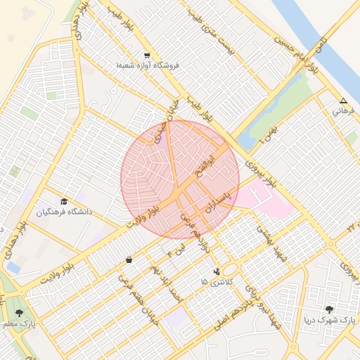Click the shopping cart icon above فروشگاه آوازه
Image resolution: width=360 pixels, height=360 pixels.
(x=146, y=55)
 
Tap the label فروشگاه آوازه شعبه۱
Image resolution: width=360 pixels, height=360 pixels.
(x=148, y=65)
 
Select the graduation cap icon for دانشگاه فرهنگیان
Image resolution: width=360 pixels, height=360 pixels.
(x=65, y=201)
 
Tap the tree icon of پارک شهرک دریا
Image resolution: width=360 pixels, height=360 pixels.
(x=330, y=309)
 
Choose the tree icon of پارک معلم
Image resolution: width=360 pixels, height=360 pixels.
(x=19, y=313)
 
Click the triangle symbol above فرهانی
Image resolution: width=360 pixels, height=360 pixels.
(x=343, y=101)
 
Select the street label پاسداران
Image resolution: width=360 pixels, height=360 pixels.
(x=216, y=198)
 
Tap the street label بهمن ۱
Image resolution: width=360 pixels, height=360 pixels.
(x=268, y=133)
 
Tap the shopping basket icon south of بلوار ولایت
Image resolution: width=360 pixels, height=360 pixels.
(x=129, y=260)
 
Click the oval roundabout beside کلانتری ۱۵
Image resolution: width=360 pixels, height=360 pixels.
(x=230, y=269)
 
